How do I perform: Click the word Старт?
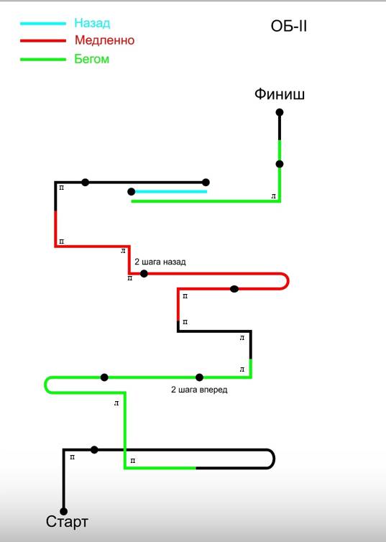pos(67,522)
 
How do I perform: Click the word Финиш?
pos(280,94)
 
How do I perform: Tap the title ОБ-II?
pos(288,27)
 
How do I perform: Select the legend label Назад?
pos(92,23)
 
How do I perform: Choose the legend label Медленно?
pos(104,40)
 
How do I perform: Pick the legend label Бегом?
pos(91,59)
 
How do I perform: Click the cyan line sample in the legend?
pos(43,24)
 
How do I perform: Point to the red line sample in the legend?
pos(43,41)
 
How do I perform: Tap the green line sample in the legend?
pos(43,60)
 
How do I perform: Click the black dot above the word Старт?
pos(63,511)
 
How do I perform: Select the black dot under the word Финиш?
pos(280,112)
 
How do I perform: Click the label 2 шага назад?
pos(160,262)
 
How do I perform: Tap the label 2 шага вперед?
pos(199,390)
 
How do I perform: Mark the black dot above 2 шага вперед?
pos(199,377)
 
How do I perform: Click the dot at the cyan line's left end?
pos(132,191)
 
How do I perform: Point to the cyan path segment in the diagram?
pos(171,191)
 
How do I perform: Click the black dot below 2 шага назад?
pos(144,274)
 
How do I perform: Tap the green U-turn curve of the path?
pos(45,385)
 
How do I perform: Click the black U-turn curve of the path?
pos(274,459)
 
